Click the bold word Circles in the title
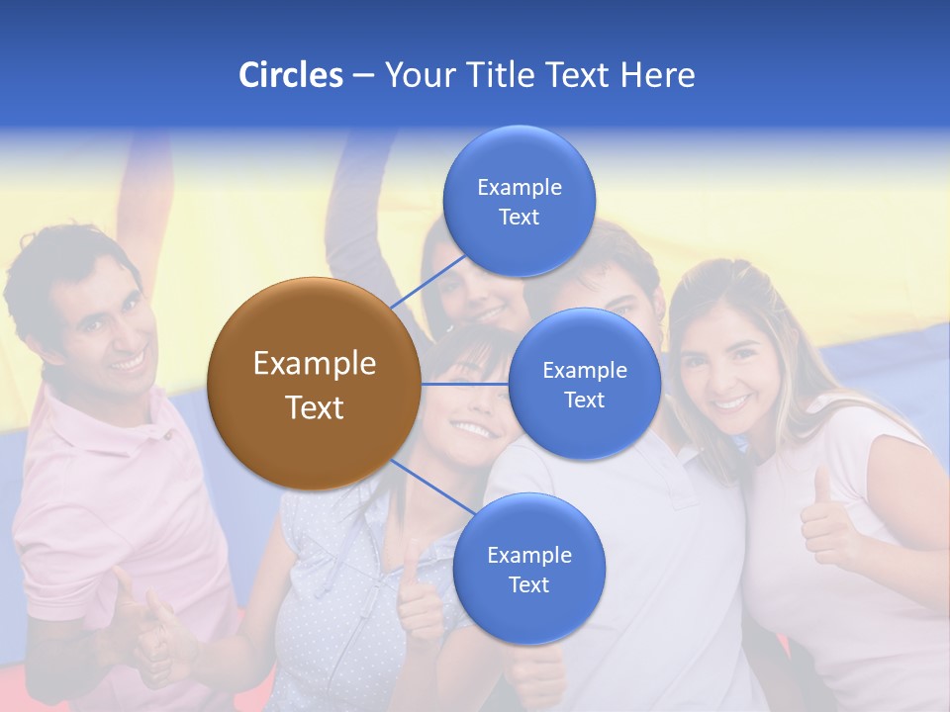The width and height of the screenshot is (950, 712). click(290, 75)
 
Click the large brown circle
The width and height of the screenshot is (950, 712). click(314, 384)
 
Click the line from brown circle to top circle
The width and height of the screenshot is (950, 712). click(427, 282)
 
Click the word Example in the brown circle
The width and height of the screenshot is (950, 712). click(314, 363)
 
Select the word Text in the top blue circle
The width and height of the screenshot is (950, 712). click(519, 217)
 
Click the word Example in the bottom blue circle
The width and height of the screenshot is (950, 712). click(528, 555)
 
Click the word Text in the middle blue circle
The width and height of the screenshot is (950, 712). click(584, 400)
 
